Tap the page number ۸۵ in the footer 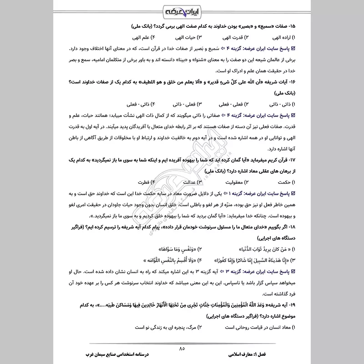(x=182, y=349)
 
